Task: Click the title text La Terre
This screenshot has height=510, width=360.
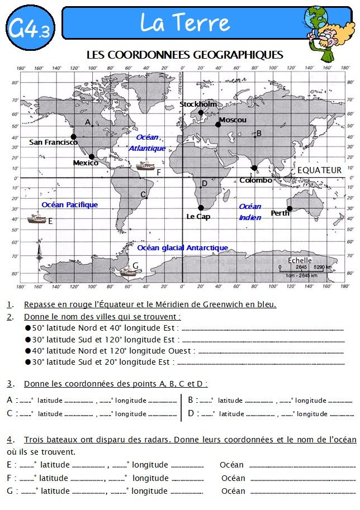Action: pos(184,23)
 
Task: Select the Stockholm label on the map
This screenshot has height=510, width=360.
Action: pos(198,104)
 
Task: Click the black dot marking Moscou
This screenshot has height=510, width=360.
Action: pos(218,125)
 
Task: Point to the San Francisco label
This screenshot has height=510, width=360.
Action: pos(53,142)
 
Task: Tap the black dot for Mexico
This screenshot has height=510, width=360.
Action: pos(92,156)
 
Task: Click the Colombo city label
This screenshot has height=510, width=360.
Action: pos(255,180)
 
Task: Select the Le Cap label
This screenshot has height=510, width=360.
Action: pos(198,216)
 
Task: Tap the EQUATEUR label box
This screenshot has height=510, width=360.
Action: pos(319,170)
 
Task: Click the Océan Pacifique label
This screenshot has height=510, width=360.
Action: pos(69,205)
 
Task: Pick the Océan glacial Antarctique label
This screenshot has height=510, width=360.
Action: pos(182,247)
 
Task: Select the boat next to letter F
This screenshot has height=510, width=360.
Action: pos(146,165)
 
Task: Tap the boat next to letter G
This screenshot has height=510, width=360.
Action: pos(129,272)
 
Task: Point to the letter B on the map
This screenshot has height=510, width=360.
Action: pos(259,134)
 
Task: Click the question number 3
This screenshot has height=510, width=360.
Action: pos(10,384)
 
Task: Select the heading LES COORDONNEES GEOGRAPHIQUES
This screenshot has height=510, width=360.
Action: pos(185,55)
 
